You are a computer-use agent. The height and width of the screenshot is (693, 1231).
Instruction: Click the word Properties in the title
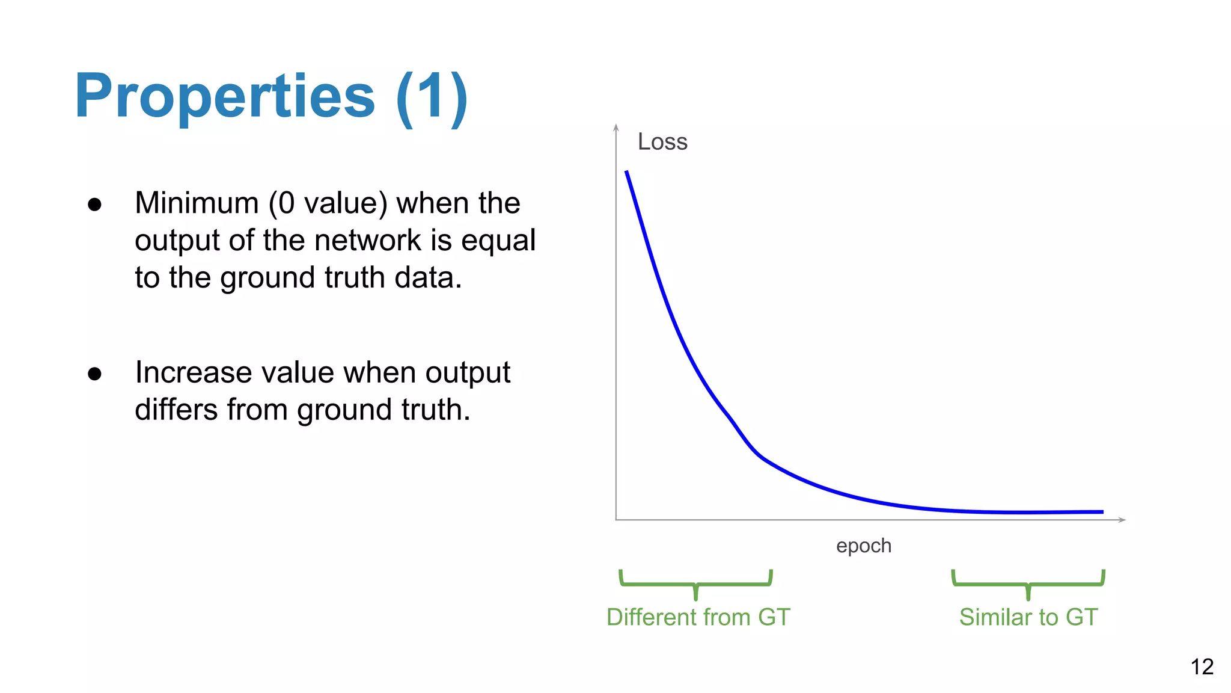[225, 96]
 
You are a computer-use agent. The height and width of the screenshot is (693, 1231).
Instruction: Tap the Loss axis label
[662, 142]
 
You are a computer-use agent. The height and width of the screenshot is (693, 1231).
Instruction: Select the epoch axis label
[864, 546]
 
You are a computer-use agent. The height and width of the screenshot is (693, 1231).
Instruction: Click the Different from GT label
[698, 617]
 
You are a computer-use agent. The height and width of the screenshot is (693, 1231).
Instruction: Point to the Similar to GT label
[1028, 617]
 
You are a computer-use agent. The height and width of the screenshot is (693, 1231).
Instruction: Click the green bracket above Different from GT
[695, 583]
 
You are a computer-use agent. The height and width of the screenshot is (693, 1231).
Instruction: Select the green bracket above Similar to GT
[1028, 583]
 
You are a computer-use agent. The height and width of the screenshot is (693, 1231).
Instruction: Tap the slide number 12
[1202, 667]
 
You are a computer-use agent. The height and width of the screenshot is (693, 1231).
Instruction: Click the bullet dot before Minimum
[94, 205]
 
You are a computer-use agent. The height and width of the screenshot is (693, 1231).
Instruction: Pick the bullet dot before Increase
[94, 374]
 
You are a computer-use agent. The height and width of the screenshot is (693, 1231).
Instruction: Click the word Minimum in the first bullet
[197, 203]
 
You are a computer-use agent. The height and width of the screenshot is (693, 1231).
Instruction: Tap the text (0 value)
[328, 203]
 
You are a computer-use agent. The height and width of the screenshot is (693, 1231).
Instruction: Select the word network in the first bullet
[367, 241]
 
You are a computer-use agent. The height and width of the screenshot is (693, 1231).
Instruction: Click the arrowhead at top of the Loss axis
[616, 127]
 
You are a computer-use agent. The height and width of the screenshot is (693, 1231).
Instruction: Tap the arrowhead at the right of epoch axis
[1122, 520]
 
